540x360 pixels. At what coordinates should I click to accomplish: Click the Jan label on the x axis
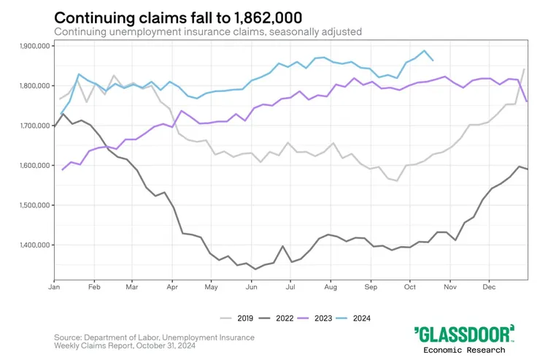[54, 288]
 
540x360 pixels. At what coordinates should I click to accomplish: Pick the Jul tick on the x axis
[290, 288]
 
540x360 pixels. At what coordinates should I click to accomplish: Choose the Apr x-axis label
[171, 288]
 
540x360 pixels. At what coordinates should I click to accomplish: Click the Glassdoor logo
[463, 334]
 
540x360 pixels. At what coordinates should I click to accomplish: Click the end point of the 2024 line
[433, 61]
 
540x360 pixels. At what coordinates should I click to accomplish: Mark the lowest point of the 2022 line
[255, 269]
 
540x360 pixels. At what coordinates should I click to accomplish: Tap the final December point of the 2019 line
[525, 69]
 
